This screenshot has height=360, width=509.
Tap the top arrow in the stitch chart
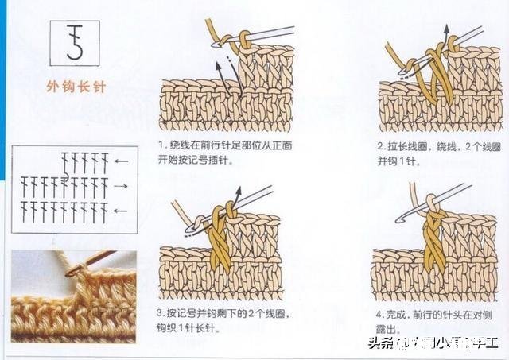[x=121, y=161]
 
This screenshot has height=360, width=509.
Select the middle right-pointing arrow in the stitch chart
[x=121, y=186]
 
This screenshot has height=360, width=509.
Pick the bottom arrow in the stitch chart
[x=121, y=211]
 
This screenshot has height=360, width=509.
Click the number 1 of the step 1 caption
[x=161, y=146]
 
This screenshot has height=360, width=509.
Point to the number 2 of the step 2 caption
[x=381, y=146]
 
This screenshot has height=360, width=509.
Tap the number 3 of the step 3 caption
[x=161, y=312]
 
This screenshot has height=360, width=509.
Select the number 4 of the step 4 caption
[x=381, y=312]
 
